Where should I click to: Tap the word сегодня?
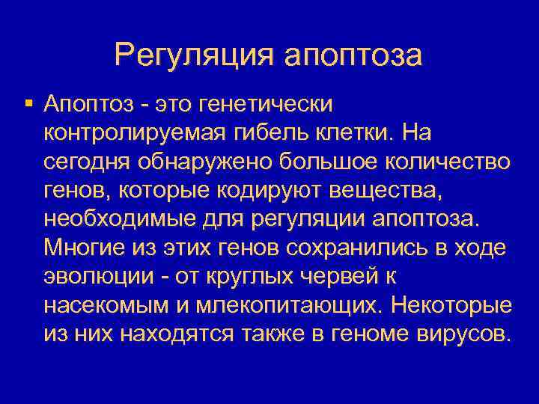pos(85,162)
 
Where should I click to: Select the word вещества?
pos(395,190)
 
